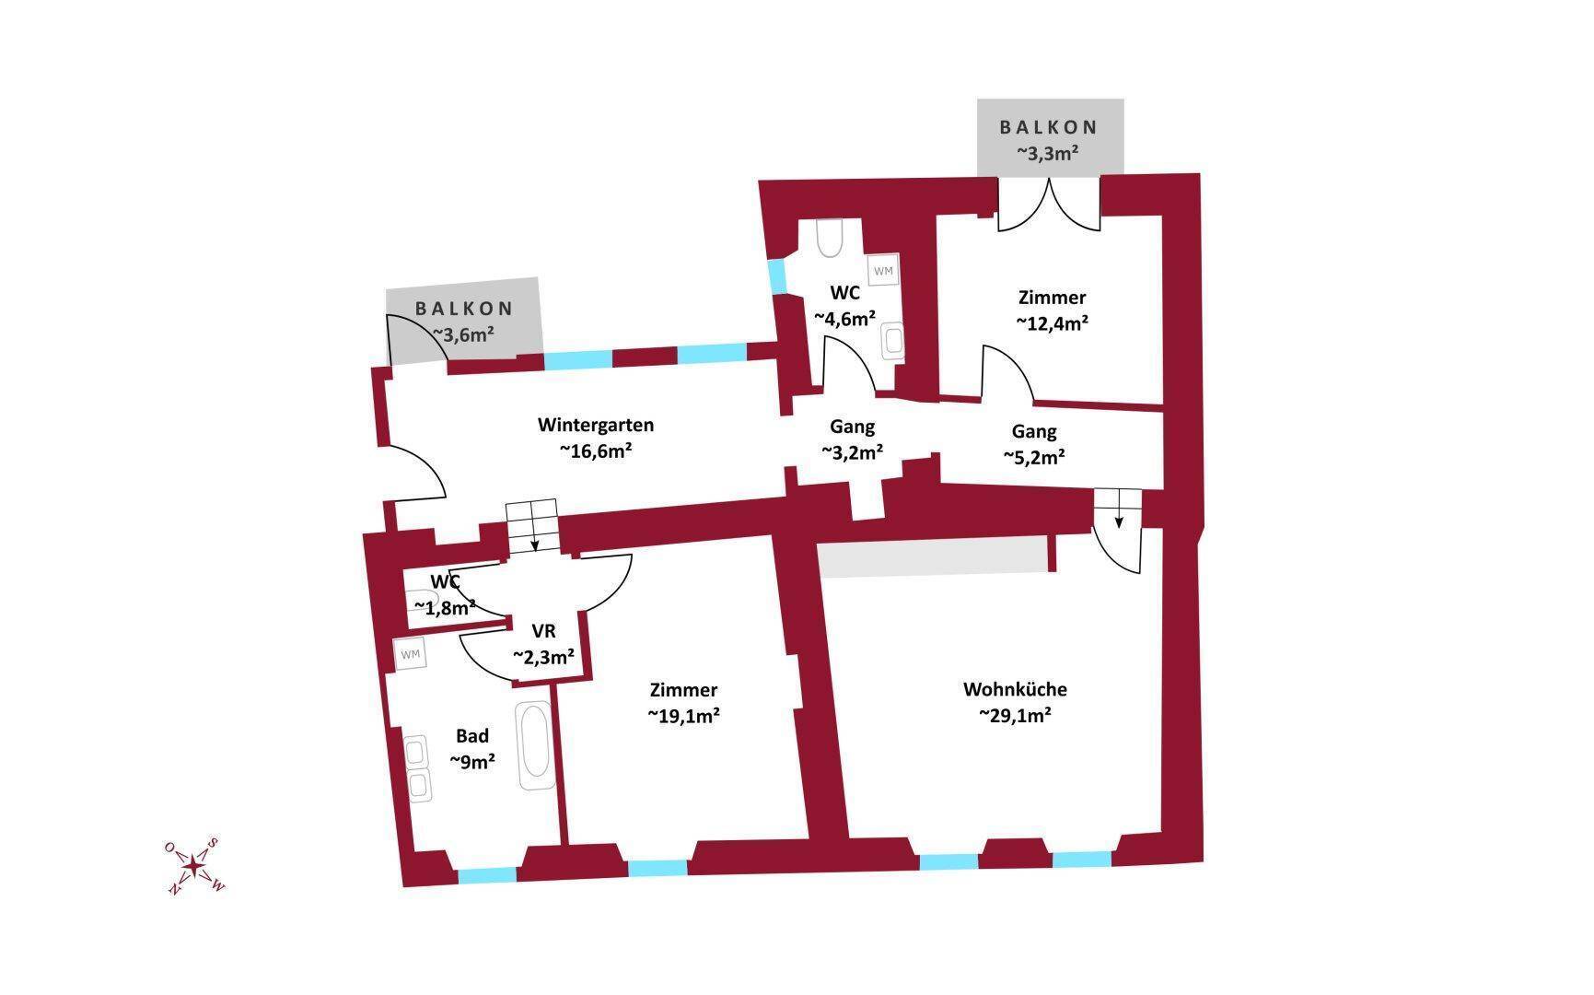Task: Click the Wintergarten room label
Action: pos(596,425)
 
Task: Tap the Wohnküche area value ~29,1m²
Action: pos(1015,715)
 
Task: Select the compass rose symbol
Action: pos(194,866)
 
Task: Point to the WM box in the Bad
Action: pos(410,654)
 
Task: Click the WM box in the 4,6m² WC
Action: pos(884,271)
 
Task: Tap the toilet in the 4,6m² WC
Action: pos(830,238)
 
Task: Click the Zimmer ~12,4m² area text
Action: pos(1053,323)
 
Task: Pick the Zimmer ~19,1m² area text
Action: pos(683,716)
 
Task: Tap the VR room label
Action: pos(543,631)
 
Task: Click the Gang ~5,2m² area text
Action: pos(1034,457)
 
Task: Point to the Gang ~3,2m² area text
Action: pos(852,452)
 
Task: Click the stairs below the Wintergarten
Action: pos(531,526)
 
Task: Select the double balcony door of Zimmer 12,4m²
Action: pos(1050,204)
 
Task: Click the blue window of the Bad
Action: pos(487,876)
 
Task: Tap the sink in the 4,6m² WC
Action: pos(892,341)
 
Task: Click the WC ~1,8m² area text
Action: pos(445,607)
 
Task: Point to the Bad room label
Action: pos(472,736)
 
